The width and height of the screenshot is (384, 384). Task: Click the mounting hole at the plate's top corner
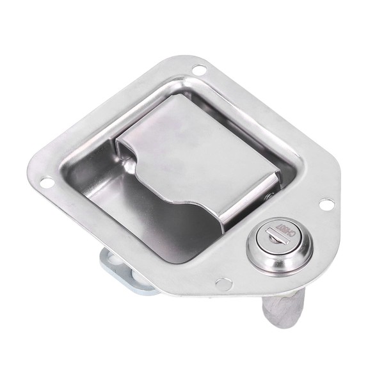coord(199,68)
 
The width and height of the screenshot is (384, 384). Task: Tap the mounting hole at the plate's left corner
coord(47,183)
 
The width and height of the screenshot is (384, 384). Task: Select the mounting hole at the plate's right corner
coord(326,205)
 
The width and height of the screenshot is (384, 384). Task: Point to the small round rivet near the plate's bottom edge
coord(222,284)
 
